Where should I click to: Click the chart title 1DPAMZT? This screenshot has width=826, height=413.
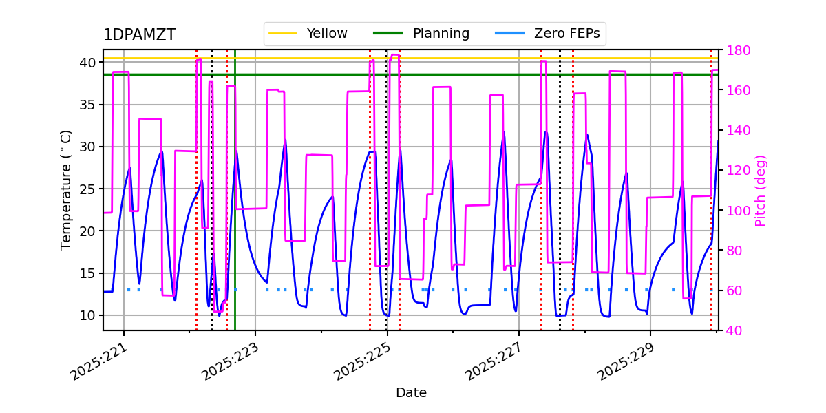click(x=139, y=35)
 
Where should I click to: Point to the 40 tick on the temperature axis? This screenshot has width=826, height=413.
click(x=87, y=63)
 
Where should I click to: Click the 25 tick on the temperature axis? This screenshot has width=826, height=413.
click(x=87, y=189)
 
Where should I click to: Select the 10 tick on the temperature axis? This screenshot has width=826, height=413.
click(x=87, y=315)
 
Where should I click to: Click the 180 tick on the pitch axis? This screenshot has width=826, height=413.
click(x=735, y=50)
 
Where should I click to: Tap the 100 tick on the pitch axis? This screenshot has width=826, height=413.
click(x=735, y=211)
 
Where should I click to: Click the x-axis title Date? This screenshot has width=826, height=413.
click(x=411, y=393)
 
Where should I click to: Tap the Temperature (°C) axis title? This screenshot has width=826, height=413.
click(x=66, y=189)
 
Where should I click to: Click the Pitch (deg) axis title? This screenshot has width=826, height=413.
click(x=761, y=190)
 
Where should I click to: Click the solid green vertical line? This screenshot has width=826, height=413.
click(x=235, y=206)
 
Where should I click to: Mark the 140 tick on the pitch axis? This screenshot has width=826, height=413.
click(x=735, y=131)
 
